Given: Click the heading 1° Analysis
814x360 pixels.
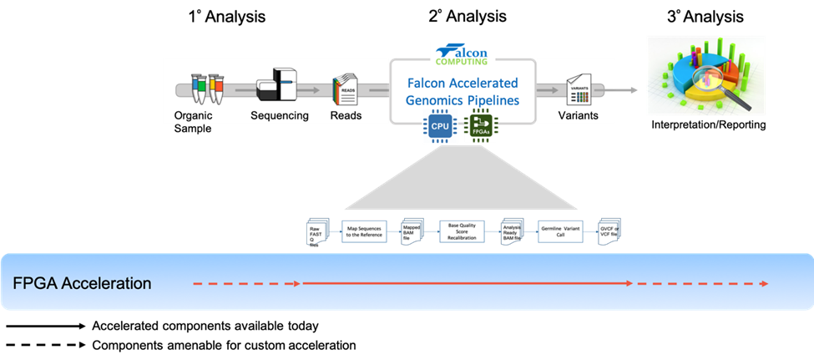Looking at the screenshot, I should (226, 16).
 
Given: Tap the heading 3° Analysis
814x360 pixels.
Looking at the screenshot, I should (706, 16).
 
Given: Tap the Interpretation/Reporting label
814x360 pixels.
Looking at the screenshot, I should (706, 125).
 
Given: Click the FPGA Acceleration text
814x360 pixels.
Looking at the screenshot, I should (82, 283).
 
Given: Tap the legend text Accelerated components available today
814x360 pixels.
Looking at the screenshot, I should (205, 326).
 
